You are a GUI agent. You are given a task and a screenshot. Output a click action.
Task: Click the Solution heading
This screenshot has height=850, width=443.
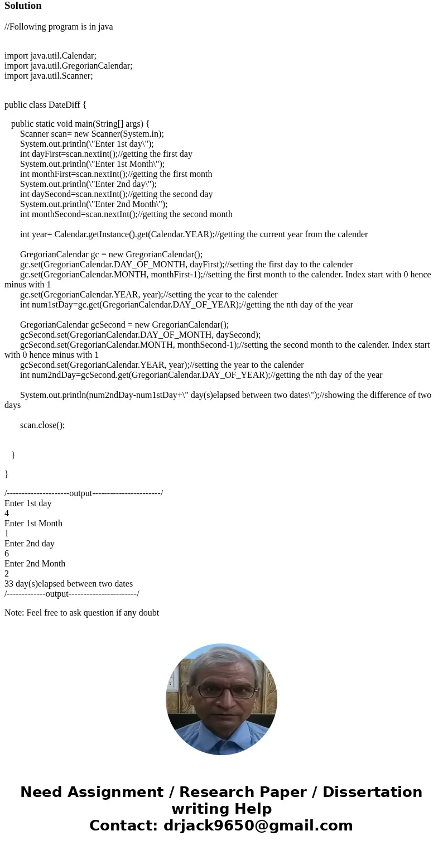point(23,6)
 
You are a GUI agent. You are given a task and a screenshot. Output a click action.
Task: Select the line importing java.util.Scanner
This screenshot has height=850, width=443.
point(49,76)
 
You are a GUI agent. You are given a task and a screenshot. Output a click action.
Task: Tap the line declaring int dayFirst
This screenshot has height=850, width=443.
point(106,154)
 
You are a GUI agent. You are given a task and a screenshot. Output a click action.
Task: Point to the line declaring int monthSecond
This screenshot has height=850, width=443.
point(126,214)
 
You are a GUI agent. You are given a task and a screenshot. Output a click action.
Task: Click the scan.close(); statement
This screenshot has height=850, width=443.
point(42,425)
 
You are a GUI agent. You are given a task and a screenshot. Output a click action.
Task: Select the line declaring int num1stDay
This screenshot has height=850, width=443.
point(186,305)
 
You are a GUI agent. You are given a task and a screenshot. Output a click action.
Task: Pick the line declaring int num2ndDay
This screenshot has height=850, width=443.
point(201,375)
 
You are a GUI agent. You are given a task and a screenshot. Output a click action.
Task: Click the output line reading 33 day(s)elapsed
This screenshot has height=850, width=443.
point(69,584)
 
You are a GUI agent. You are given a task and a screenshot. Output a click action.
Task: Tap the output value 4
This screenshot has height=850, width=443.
point(7,513)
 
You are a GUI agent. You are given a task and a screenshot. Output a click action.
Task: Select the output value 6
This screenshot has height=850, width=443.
point(7,554)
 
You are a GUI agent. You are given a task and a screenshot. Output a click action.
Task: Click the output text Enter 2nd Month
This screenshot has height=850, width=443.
point(35,564)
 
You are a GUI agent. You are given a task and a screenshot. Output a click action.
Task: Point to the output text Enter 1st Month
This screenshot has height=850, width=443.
point(33,524)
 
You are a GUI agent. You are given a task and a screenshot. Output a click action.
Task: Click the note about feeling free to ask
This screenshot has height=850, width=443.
point(81,613)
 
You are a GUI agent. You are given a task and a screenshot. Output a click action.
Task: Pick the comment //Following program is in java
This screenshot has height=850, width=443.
point(59,27)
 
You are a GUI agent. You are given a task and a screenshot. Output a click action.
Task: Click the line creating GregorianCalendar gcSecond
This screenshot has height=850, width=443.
point(124,325)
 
